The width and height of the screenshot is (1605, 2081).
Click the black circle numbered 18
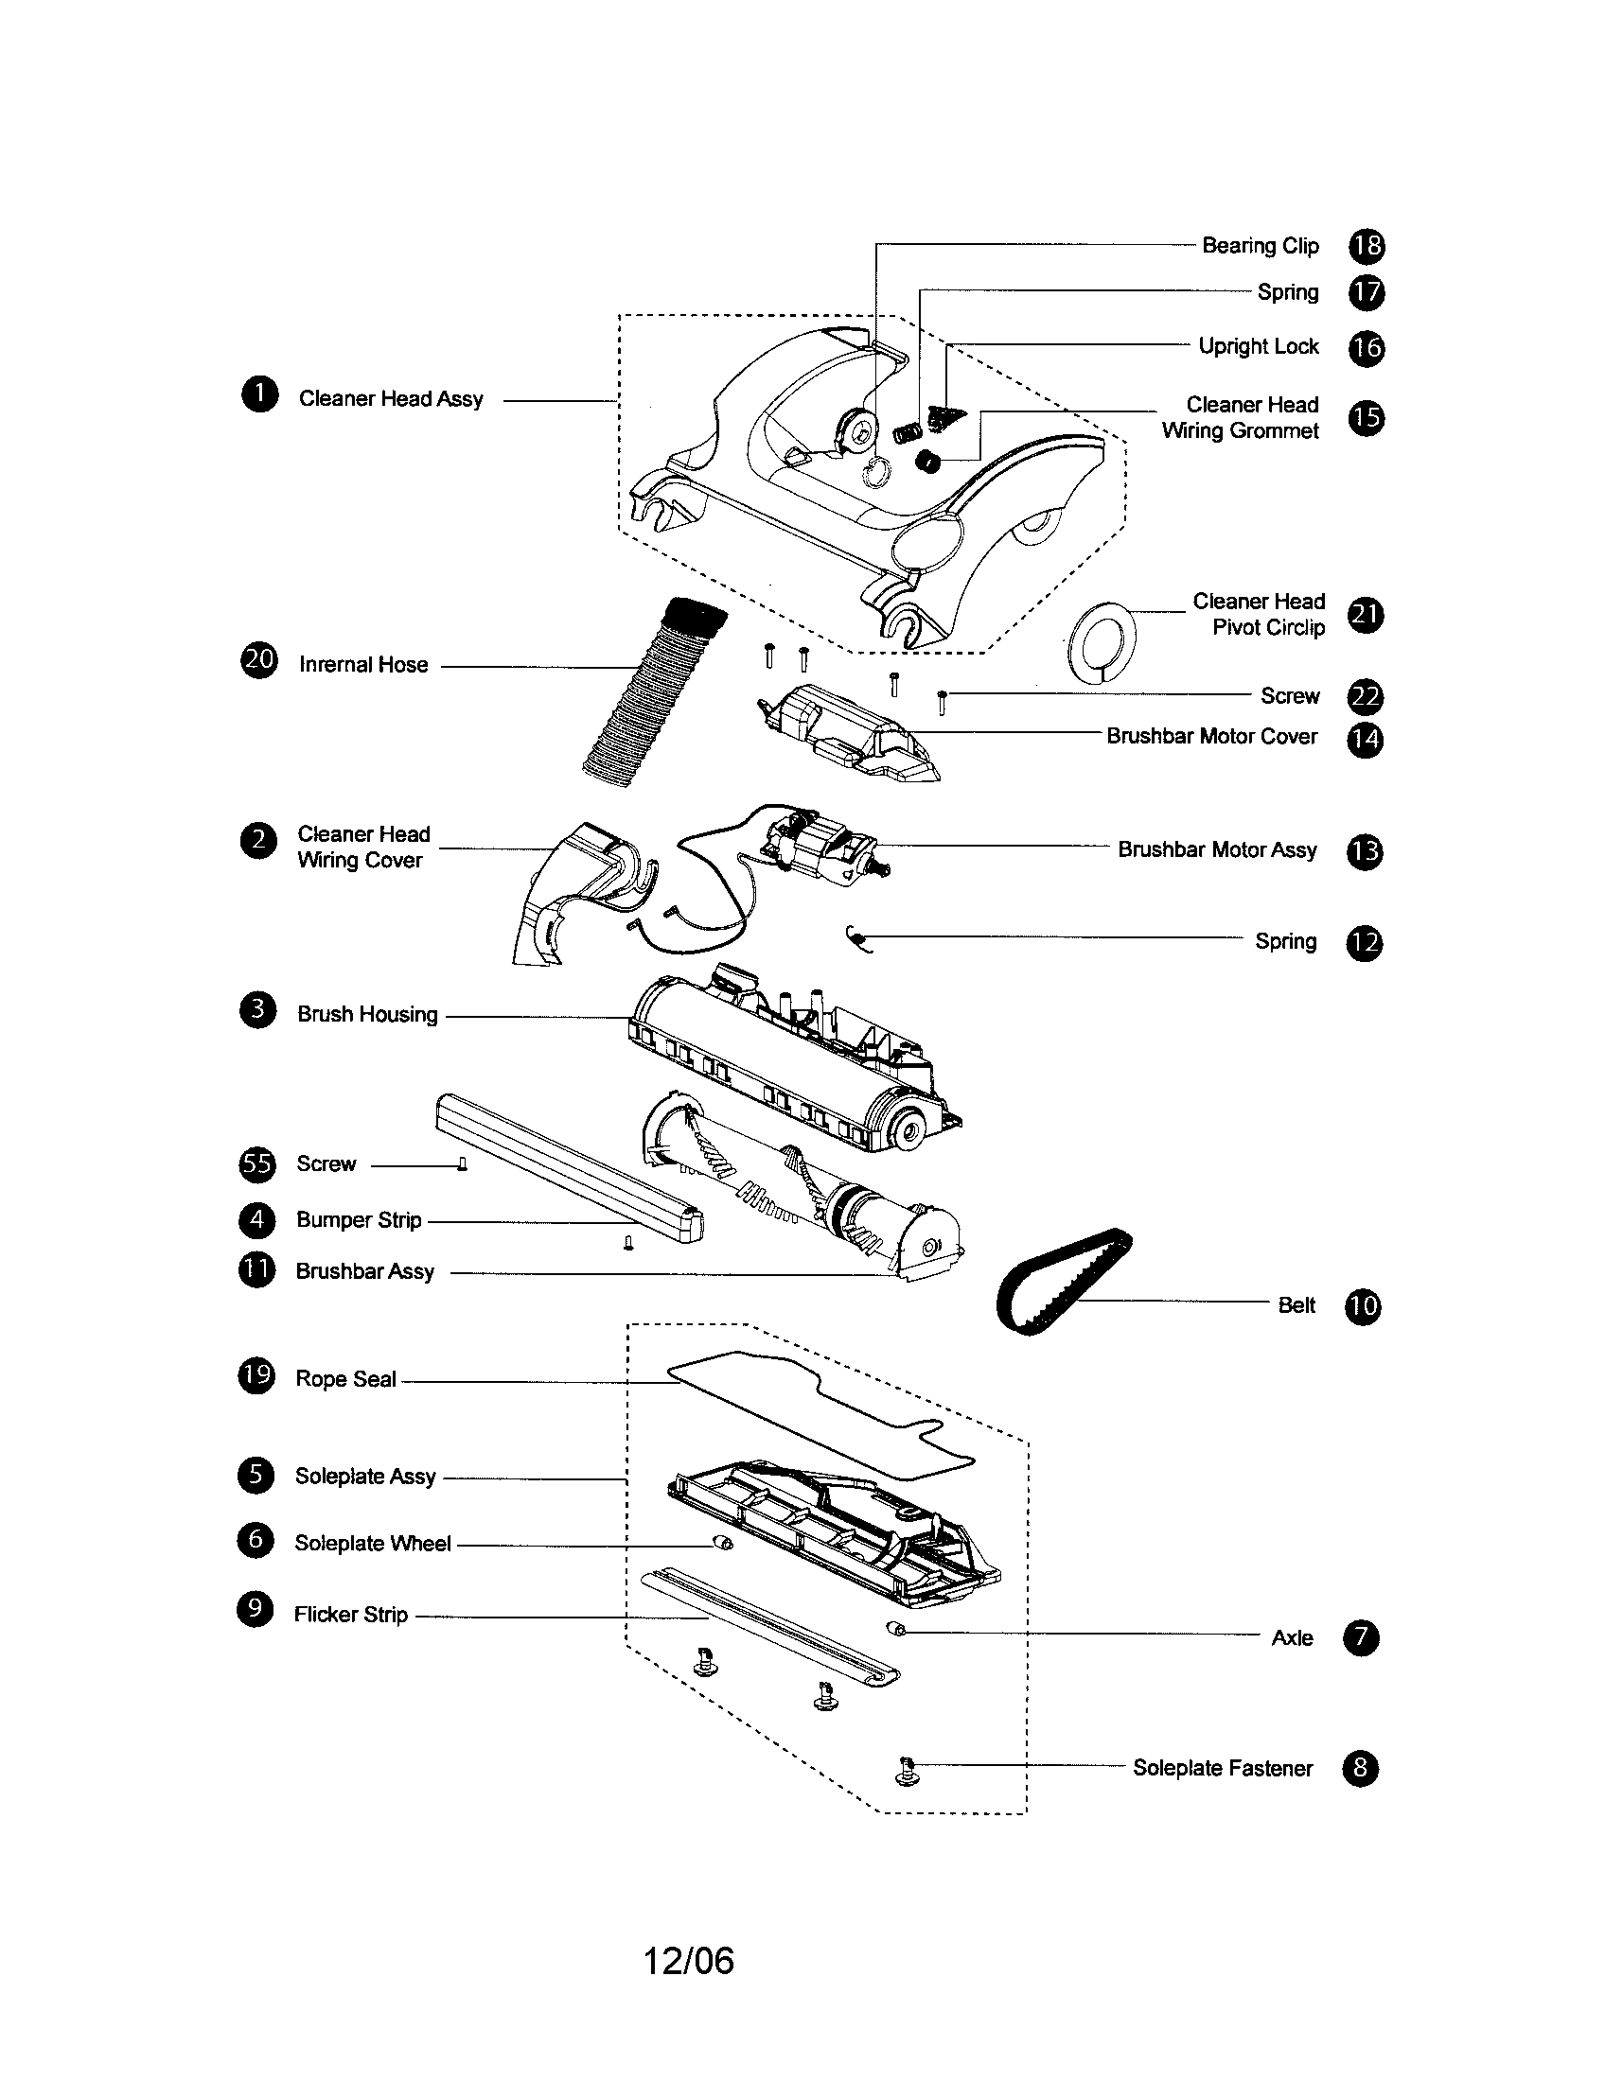coord(1366,246)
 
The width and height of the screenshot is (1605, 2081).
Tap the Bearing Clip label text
coord(1259,246)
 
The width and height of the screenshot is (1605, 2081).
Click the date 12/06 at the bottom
coord(688,1961)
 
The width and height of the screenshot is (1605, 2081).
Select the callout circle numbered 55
coord(256,1163)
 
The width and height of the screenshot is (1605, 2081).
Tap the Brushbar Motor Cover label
coord(1210,737)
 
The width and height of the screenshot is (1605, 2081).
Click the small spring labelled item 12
coord(857,939)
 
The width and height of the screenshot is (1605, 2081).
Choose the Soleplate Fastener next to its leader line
coord(907,1772)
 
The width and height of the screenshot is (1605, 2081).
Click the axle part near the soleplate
coord(896,1629)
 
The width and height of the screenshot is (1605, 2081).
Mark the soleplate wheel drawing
coord(723,1544)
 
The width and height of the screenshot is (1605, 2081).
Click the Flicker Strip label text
coord(351,1614)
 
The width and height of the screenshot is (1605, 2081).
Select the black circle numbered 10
coord(1362,1305)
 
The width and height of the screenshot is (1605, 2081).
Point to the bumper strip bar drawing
coord(570,1169)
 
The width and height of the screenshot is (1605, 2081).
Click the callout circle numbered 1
coord(259,394)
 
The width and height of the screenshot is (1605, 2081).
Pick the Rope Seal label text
coord(345,1379)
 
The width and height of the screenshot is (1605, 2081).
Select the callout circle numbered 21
coord(1366,616)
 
